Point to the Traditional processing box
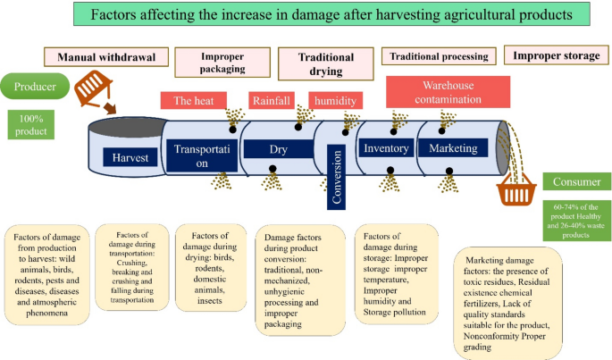click(439, 56)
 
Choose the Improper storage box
click(556, 55)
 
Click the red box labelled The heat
click(192, 101)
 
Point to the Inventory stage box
click(386, 148)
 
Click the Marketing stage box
click(453, 148)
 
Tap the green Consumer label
click(575, 182)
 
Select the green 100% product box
click(31, 124)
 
